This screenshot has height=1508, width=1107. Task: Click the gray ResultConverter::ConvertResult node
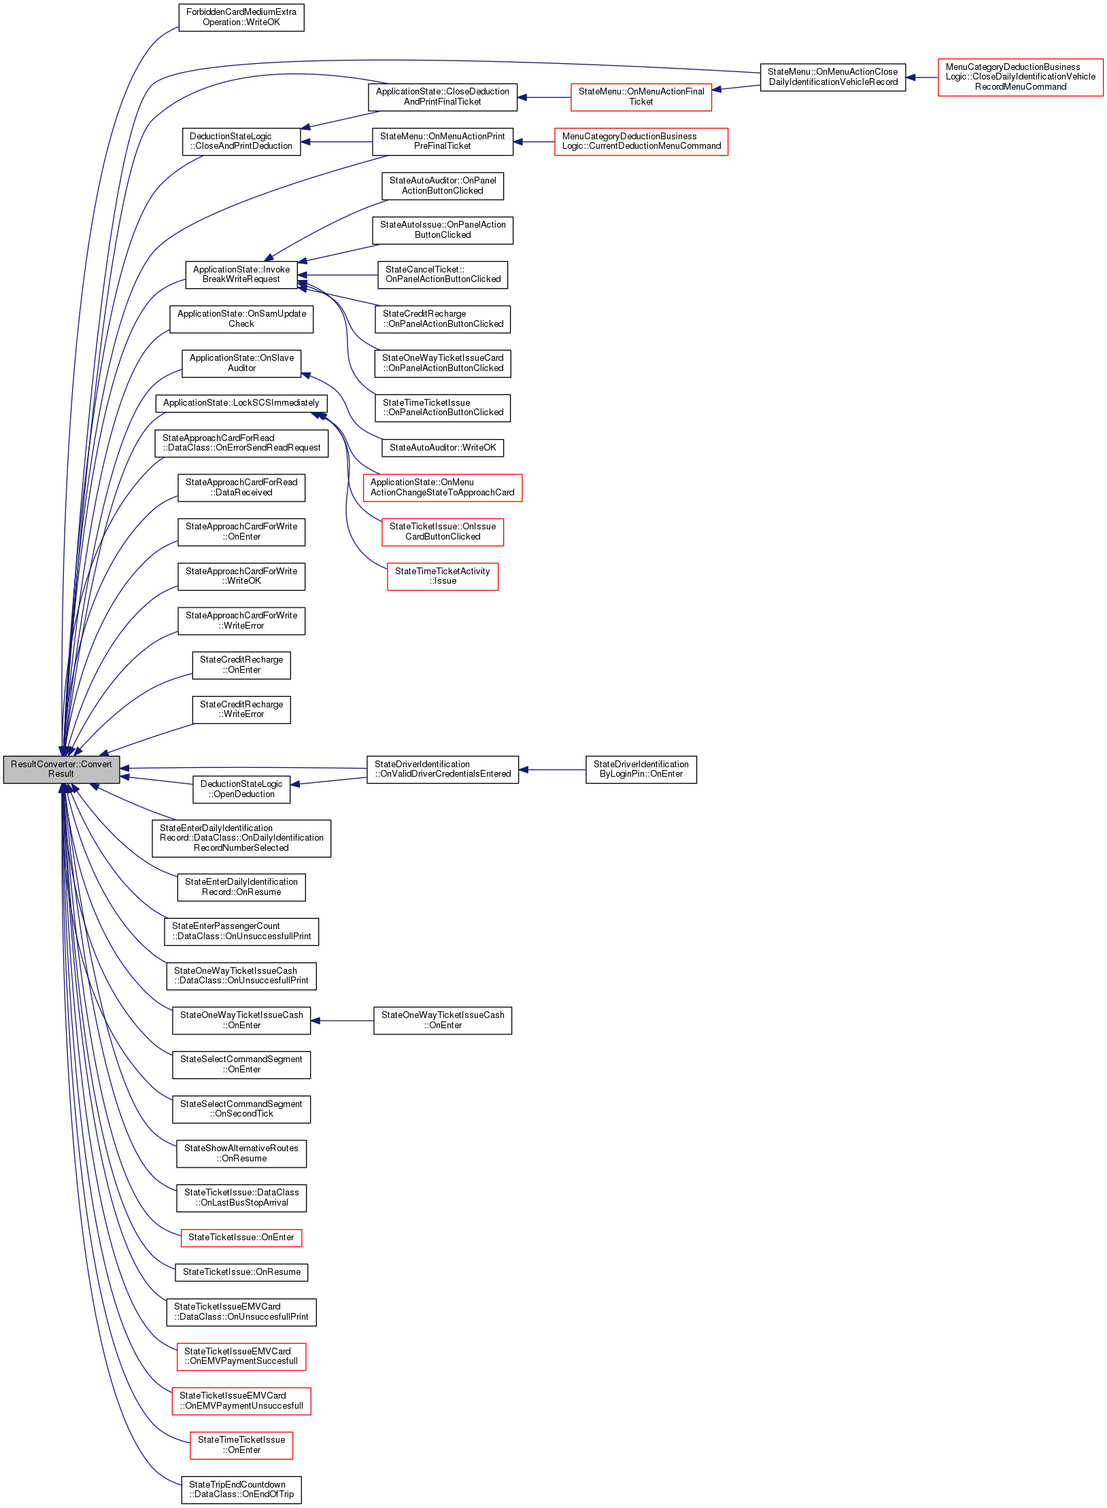pyautogui.click(x=61, y=769)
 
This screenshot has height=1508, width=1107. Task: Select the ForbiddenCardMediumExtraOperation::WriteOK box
pyautogui.click(x=241, y=18)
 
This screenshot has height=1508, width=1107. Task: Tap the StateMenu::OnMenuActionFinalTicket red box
pyautogui.click(x=641, y=97)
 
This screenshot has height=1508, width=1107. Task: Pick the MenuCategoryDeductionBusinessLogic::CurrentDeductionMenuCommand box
pyautogui.click(x=641, y=141)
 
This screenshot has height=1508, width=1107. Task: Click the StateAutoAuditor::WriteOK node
pyautogui.click(x=442, y=448)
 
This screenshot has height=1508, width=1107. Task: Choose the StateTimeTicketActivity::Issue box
pyautogui.click(x=442, y=576)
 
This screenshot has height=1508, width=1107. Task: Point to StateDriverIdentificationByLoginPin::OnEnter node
pyautogui.click(x=641, y=769)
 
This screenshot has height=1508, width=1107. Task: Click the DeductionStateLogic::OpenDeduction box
pyautogui.click(x=241, y=789)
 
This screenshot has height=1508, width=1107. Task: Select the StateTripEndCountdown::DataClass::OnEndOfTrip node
pyautogui.click(x=241, y=1490)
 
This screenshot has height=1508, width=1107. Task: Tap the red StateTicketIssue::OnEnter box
pyautogui.click(x=241, y=1238)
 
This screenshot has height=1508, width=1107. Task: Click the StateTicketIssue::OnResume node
pyautogui.click(x=241, y=1272)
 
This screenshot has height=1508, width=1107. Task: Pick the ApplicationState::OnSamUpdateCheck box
pyautogui.click(x=241, y=319)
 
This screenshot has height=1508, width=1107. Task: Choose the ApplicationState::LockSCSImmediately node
pyautogui.click(x=241, y=403)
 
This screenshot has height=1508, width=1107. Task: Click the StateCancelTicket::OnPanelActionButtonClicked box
pyautogui.click(x=442, y=275)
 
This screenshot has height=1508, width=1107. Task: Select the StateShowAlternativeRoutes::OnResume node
pyautogui.click(x=241, y=1153)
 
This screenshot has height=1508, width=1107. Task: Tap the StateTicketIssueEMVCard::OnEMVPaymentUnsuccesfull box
pyautogui.click(x=241, y=1401)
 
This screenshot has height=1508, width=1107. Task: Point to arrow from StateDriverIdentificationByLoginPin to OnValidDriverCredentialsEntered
pyautogui.click(x=551, y=770)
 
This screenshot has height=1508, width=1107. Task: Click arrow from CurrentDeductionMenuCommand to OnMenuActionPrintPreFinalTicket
pyautogui.click(x=534, y=142)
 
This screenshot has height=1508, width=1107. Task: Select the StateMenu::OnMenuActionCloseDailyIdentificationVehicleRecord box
pyautogui.click(x=832, y=77)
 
